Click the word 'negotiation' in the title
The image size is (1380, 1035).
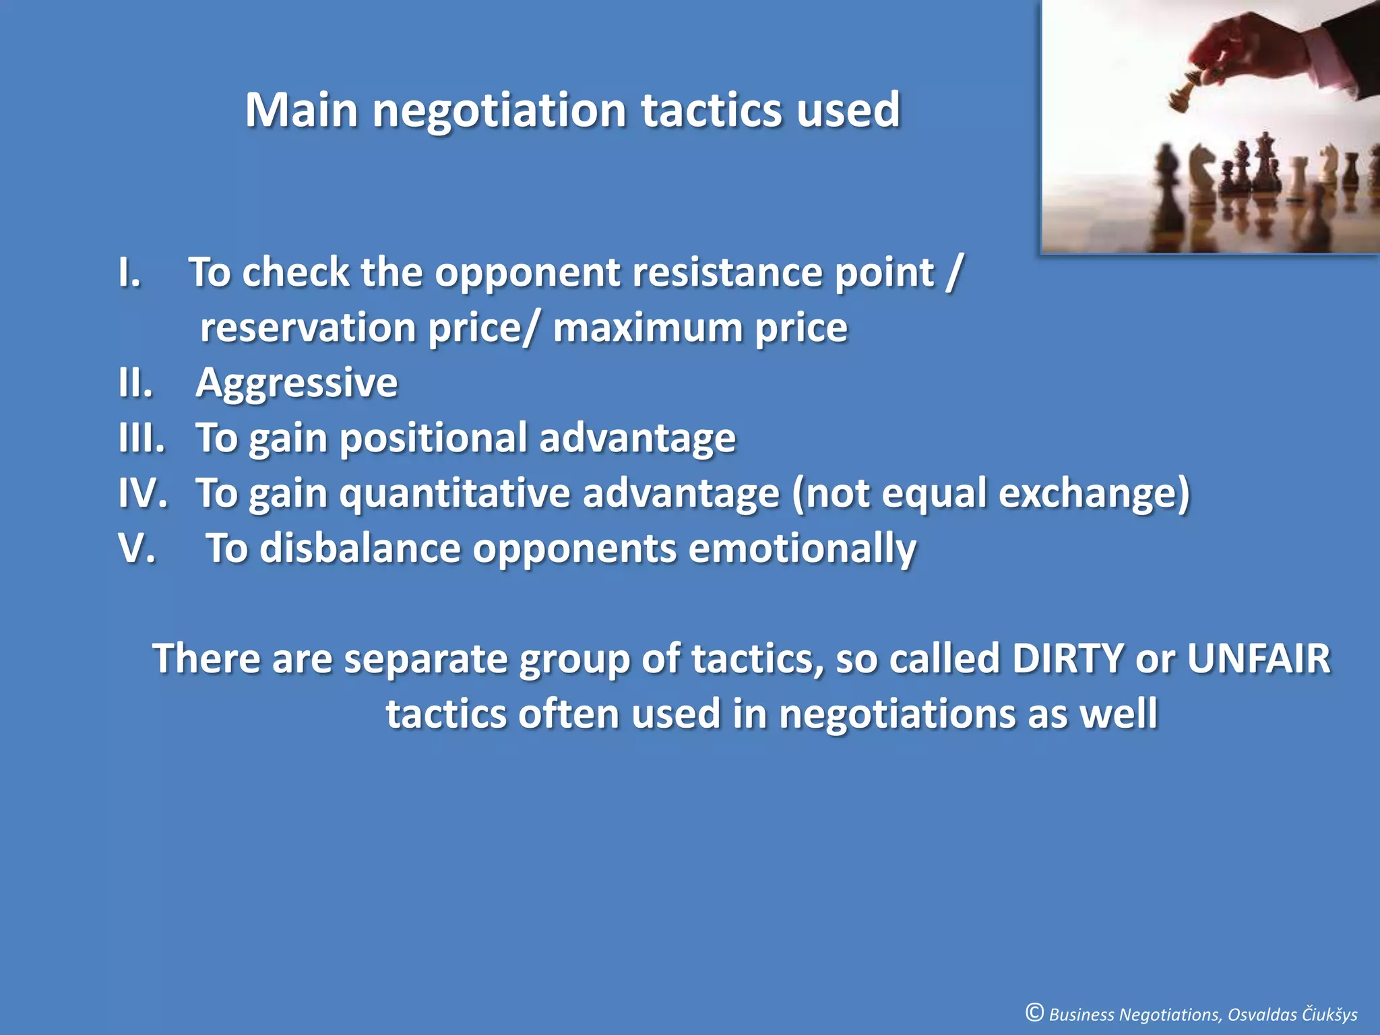pyautogui.click(x=500, y=111)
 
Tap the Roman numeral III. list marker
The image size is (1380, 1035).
pyautogui.click(x=142, y=438)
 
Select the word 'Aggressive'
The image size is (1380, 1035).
pyautogui.click(x=296, y=384)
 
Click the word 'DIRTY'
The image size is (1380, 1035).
pyautogui.click(x=1068, y=658)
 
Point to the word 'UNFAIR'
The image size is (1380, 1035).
pyautogui.click(x=1258, y=658)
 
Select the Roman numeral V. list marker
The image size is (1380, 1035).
pyautogui.click(x=137, y=548)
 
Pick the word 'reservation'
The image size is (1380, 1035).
pyautogui.click(x=307, y=328)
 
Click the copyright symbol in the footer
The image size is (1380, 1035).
pyautogui.click(x=1034, y=1012)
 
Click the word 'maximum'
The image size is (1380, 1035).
pyautogui.click(x=647, y=328)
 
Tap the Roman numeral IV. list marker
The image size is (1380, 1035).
pyautogui.click(x=143, y=493)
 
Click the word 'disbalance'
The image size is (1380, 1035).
pyautogui.click(x=360, y=548)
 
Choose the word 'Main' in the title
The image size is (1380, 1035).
pyautogui.click(x=301, y=110)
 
